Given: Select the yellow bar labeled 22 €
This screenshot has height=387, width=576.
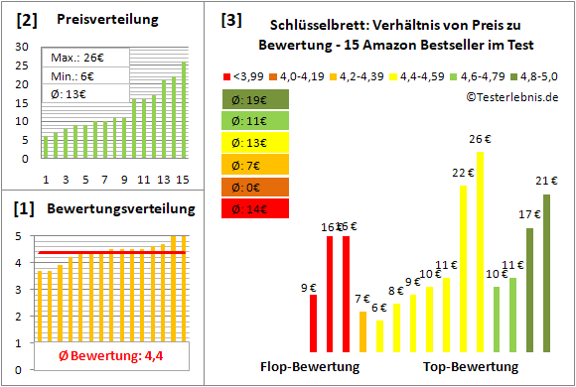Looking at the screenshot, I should click(463, 269).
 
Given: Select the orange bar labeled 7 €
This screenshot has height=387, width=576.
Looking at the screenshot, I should click(362, 331).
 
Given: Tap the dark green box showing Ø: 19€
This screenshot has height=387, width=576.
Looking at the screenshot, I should click(255, 99).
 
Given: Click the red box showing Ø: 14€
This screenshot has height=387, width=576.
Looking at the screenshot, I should click(255, 208).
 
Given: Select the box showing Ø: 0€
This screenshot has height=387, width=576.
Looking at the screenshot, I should click(255, 187).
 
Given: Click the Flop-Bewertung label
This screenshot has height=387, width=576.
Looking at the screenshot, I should click(309, 366).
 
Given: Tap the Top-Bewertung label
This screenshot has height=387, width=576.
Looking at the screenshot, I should click(471, 366).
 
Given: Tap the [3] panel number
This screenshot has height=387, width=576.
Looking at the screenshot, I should click(230, 19).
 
